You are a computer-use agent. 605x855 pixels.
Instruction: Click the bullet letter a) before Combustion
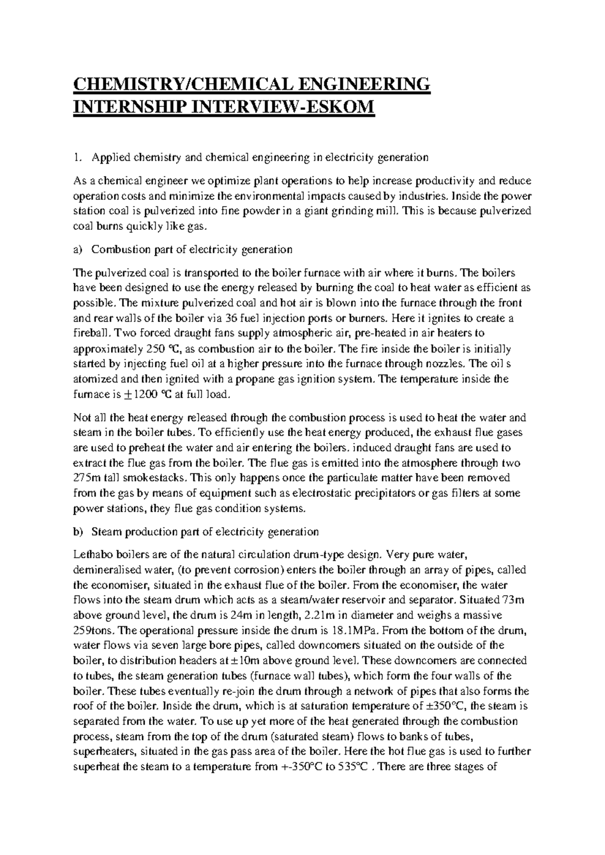[x=78, y=249]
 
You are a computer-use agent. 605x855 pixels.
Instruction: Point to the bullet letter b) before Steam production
[x=78, y=532]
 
